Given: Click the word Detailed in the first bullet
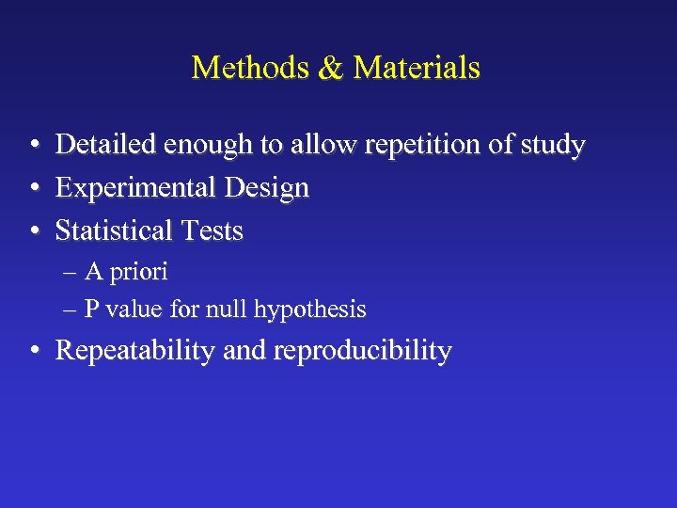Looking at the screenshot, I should [106, 145].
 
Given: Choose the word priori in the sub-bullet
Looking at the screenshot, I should [140, 273].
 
